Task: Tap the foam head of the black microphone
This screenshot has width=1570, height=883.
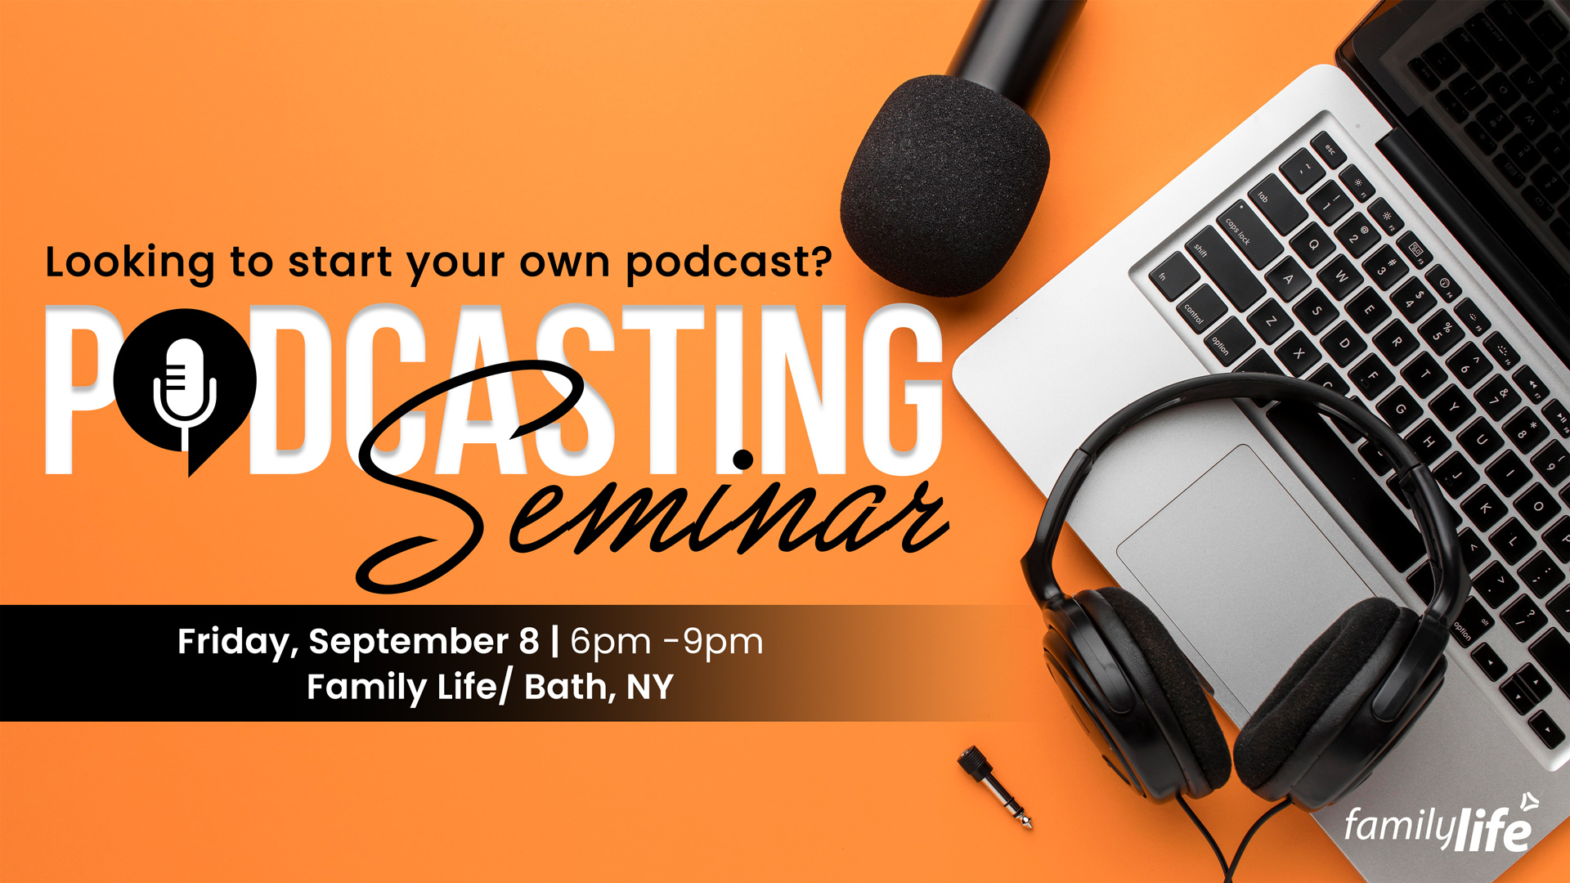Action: (x=944, y=184)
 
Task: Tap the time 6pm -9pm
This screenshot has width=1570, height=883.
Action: (x=666, y=642)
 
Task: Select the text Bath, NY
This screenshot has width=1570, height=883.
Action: (x=599, y=687)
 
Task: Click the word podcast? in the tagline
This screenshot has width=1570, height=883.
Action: (x=729, y=264)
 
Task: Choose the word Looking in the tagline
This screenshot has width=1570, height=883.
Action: (x=130, y=264)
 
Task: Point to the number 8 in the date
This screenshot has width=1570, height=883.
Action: (x=529, y=641)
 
